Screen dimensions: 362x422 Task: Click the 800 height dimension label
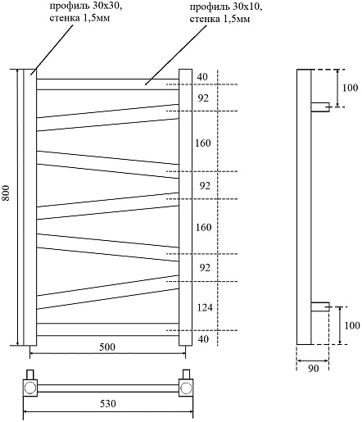6,193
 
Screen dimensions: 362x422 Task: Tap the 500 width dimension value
107,347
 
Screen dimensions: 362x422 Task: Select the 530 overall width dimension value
108,403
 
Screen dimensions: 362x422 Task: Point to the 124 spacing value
205,307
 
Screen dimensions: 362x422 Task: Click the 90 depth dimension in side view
313,369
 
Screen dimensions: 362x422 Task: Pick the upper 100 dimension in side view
350,88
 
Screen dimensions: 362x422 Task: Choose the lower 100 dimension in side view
351,325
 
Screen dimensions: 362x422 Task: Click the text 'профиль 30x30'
86,6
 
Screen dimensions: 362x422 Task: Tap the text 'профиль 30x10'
226,7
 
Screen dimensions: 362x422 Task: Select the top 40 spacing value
202,77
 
